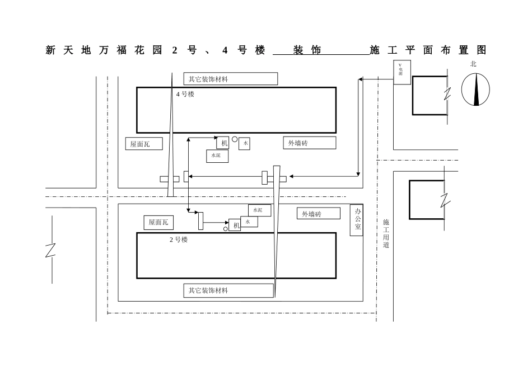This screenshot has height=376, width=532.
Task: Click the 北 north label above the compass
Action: [x=473, y=64]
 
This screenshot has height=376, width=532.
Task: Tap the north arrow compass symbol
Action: [x=475, y=90]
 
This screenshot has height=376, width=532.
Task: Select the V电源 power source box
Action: [x=402, y=73]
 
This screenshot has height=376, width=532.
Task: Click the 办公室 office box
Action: [x=357, y=220]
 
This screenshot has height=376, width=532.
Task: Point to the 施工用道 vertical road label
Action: [x=386, y=234]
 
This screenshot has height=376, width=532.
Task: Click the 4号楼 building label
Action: [x=185, y=95]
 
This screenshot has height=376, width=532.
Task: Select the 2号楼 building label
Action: [x=179, y=239]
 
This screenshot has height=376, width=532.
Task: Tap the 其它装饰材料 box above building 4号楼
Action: [x=230, y=79]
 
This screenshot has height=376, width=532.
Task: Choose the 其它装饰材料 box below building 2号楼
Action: [x=228, y=291]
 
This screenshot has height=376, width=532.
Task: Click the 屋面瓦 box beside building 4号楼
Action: [x=143, y=144]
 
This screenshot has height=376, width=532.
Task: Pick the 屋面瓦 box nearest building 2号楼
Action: [x=158, y=223]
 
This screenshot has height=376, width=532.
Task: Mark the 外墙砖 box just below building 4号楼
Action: [x=309, y=143]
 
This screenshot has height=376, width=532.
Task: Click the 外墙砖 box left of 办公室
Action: [x=318, y=214]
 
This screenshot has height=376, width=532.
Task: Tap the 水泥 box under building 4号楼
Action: [x=217, y=156]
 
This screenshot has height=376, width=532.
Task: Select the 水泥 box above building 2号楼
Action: [x=259, y=210]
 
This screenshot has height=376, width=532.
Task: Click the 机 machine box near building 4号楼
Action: [x=223, y=143]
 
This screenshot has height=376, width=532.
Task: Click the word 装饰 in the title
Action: [x=307, y=50]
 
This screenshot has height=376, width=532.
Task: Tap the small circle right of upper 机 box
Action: [x=235, y=139]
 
